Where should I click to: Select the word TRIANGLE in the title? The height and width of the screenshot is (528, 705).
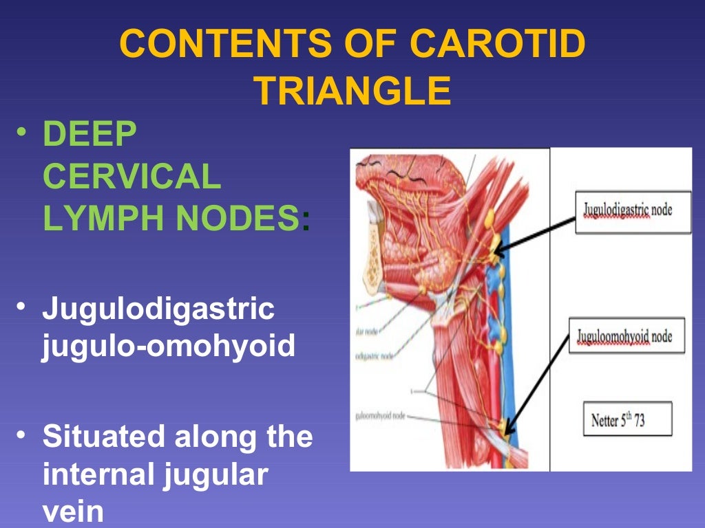[x=353, y=90]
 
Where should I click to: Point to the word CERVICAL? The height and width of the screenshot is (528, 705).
[x=131, y=177]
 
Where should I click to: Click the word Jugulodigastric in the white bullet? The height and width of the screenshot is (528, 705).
[x=158, y=309]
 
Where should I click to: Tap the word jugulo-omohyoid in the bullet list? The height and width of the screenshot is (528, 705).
[x=169, y=346]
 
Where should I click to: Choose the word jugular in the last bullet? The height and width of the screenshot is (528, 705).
[x=217, y=474]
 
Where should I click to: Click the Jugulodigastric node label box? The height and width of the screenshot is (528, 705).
[x=633, y=211]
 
